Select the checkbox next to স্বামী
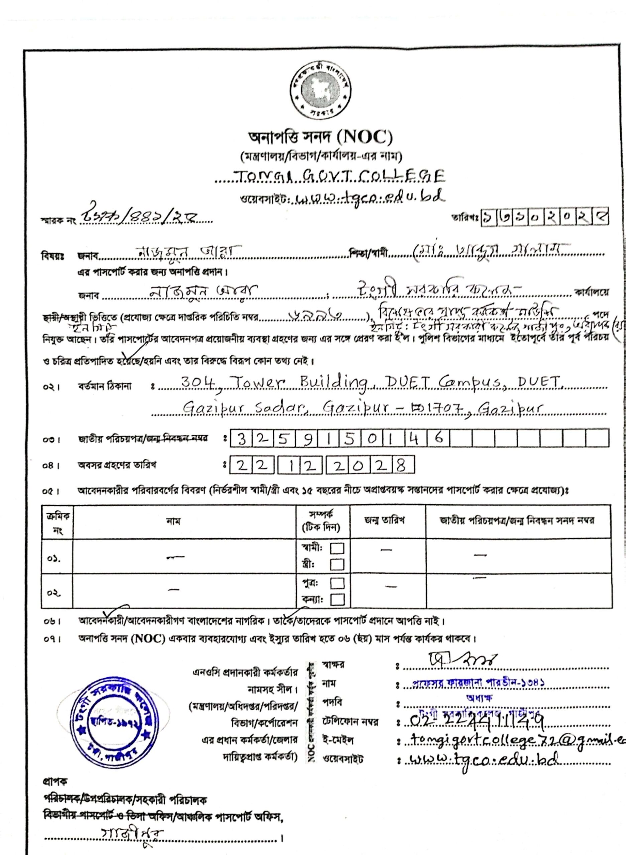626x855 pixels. point(337,549)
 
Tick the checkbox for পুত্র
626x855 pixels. point(337,583)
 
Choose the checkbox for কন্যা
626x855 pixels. point(337,600)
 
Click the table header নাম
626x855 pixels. point(173,521)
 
